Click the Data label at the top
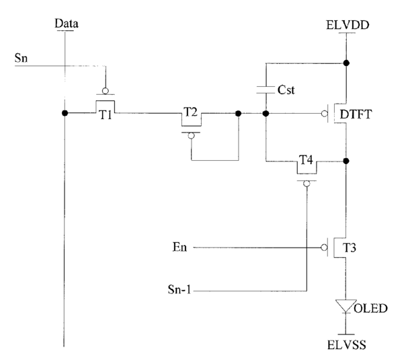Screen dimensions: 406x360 click(x=67, y=24)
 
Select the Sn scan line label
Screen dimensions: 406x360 click(x=21, y=58)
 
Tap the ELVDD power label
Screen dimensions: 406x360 click(x=348, y=25)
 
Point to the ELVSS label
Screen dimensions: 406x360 click(x=347, y=345)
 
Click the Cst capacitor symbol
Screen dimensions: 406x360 click(x=266, y=89)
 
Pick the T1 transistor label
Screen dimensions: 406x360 click(x=106, y=114)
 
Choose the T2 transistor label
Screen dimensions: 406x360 click(x=191, y=112)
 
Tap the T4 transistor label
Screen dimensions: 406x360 click(x=306, y=160)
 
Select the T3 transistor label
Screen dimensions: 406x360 click(x=350, y=248)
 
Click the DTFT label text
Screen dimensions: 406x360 click(x=356, y=114)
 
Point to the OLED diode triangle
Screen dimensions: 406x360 click(x=346, y=305)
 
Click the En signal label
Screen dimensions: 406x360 click(x=179, y=247)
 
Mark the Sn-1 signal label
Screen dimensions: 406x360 click(x=179, y=289)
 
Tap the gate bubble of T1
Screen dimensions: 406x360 click(x=105, y=91)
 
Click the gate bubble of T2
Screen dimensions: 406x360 click(x=191, y=135)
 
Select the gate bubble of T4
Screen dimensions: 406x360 click(x=307, y=184)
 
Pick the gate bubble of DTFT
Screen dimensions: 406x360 click(x=324, y=114)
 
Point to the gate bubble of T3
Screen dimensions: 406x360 click(x=324, y=248)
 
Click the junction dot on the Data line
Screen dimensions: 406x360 click(x=65, y=113)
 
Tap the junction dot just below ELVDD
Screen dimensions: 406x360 click(x=346, y=63)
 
